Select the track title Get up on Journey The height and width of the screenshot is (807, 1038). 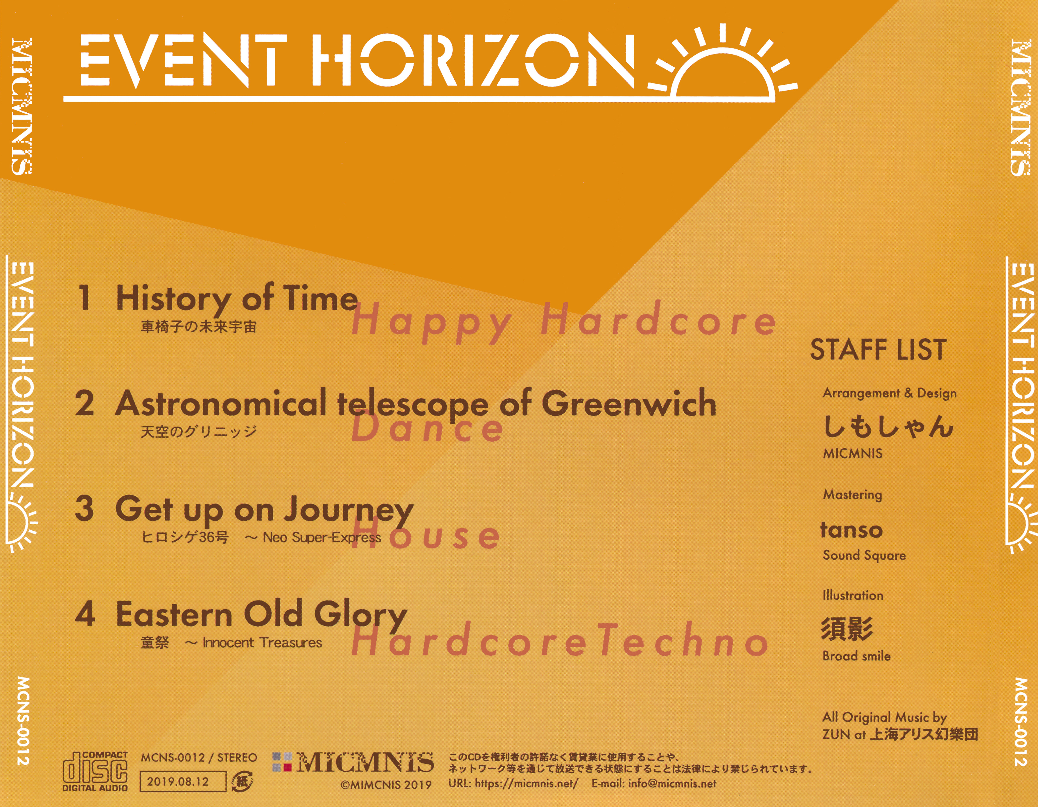264,510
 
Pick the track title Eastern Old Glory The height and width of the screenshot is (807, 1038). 261,615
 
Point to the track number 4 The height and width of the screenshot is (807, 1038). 85,613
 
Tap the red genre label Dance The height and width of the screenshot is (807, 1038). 427,428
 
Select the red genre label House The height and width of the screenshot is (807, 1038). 425,535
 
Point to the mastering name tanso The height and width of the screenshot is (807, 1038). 851,530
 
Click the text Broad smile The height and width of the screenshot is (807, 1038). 856,656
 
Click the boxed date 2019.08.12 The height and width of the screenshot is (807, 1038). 182,782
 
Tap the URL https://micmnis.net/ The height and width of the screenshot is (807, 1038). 526,783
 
